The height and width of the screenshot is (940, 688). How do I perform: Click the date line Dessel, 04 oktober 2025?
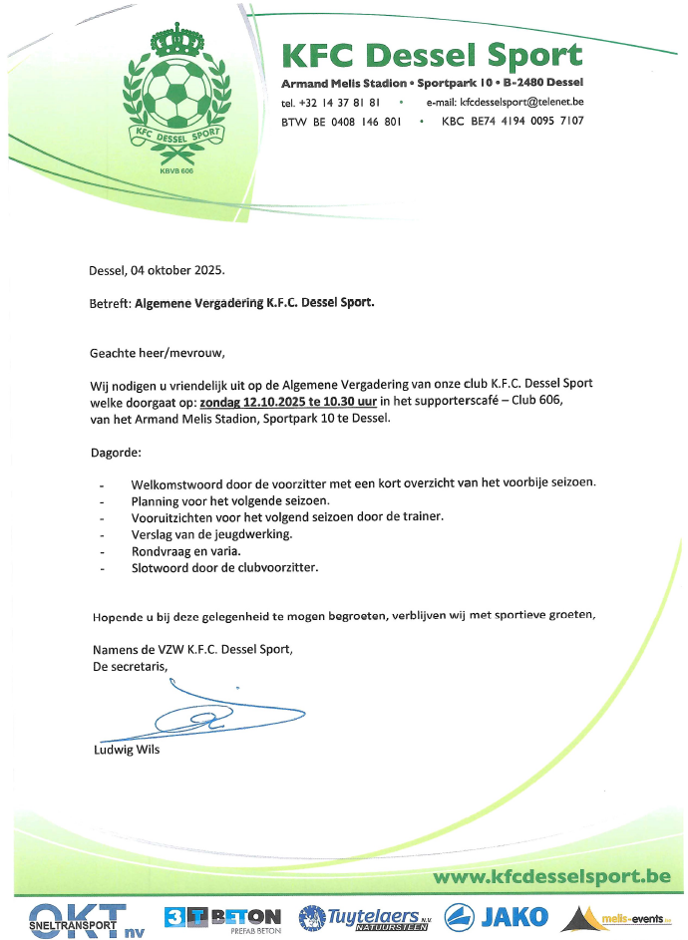tap(158, 270)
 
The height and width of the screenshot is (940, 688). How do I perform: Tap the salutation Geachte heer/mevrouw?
tap(158, 352)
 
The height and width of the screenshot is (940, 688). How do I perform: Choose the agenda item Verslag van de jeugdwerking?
tap(211, 533)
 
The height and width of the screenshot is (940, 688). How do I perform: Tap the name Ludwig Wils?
tap(125, 750)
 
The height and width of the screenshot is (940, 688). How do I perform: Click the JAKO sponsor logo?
tap(495, 916)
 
